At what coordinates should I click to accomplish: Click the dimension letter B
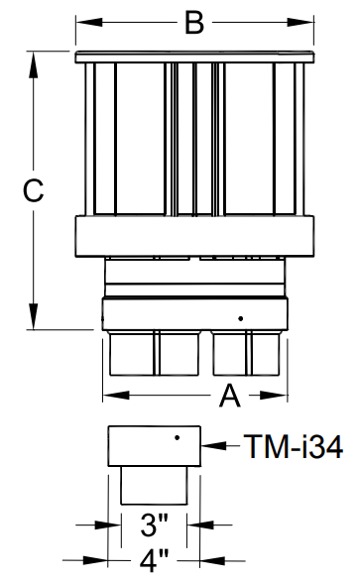(x=194, y=23)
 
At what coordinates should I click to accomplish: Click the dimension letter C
(x=34, y=190)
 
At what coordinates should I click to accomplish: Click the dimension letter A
(x=230, y=396)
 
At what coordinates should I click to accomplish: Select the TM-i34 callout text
(x=294, y=446)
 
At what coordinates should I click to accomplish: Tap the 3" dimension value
(x=155, y=524)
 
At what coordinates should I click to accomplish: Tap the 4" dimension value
(x=154, y=560)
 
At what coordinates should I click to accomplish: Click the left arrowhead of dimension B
(x=89, y=22)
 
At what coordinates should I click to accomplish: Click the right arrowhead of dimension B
(x=300, y=22)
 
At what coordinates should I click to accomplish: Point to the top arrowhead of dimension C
(x=34, y=64)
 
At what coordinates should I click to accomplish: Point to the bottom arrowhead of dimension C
(x=34, y=316)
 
